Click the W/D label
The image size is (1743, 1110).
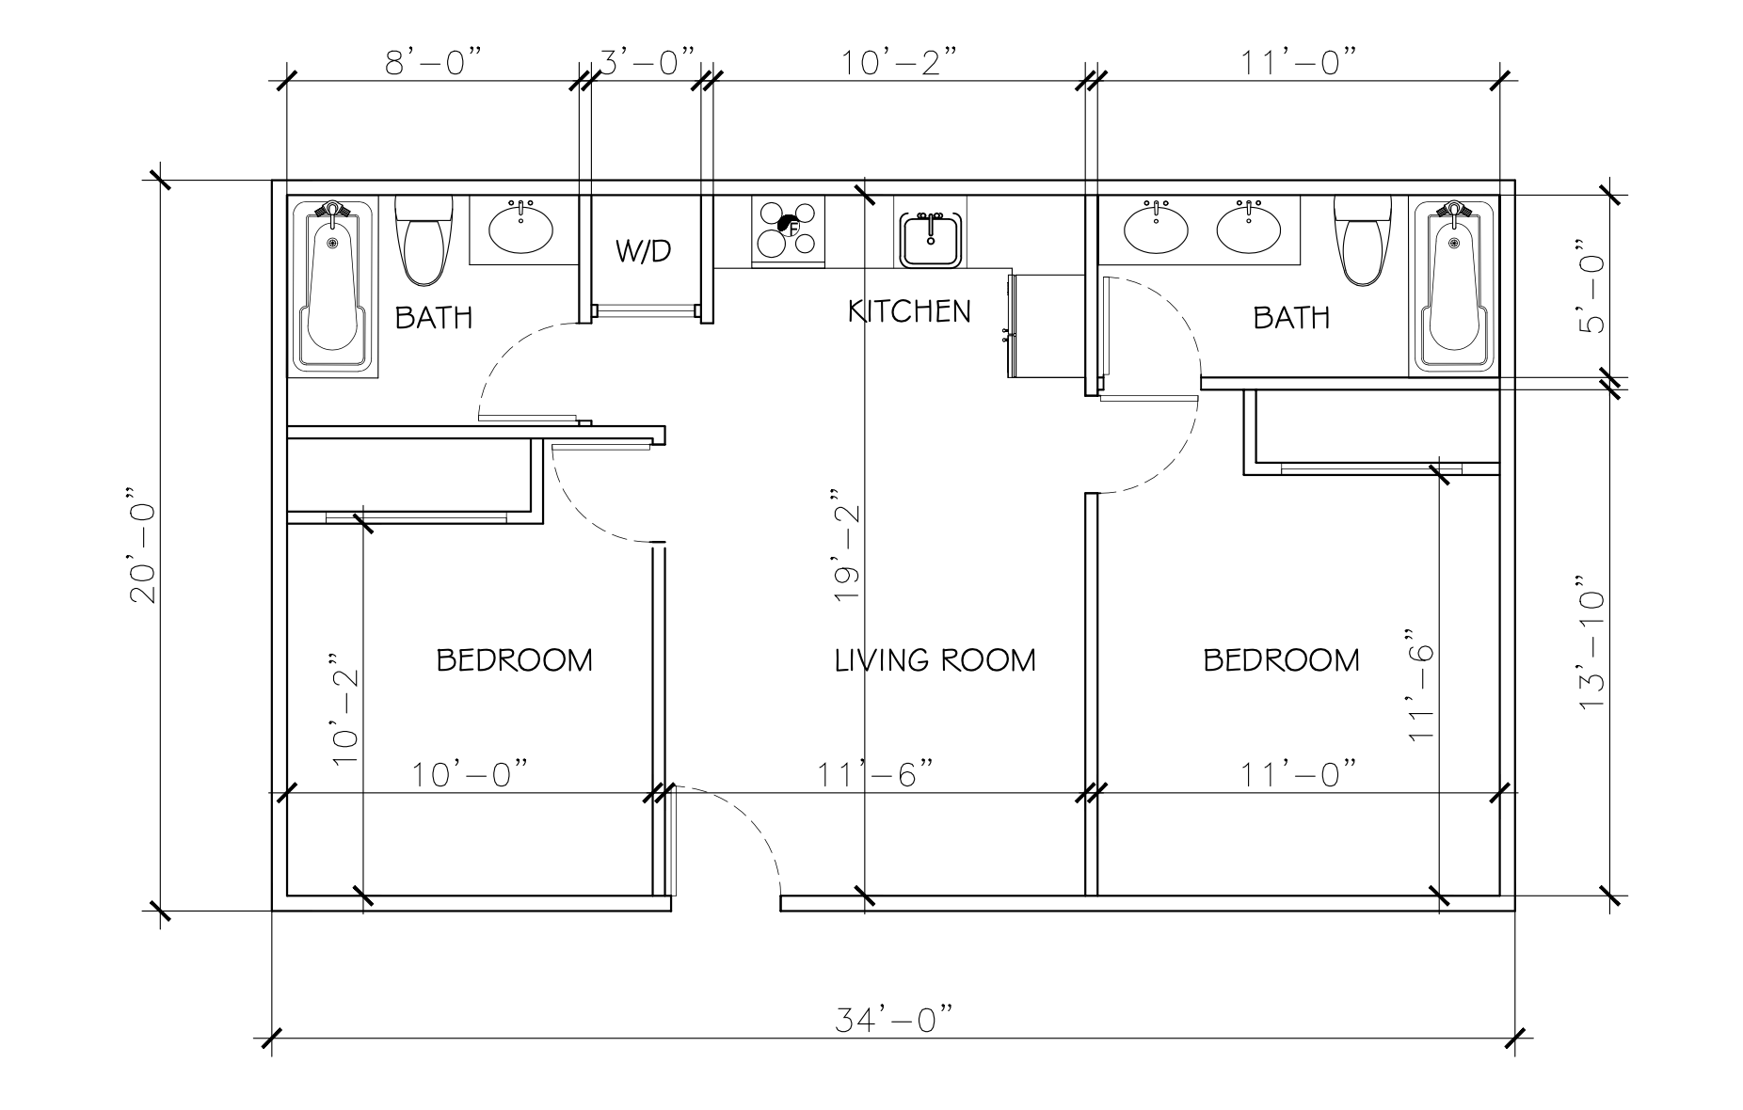point(645,251)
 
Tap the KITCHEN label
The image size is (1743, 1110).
point(909,311)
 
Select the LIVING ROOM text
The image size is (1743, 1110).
point(935,660)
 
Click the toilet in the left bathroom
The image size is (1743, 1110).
point(424,240)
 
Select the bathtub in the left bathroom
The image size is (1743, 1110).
point(331,286)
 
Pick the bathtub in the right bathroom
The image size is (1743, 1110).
point(1454,286)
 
